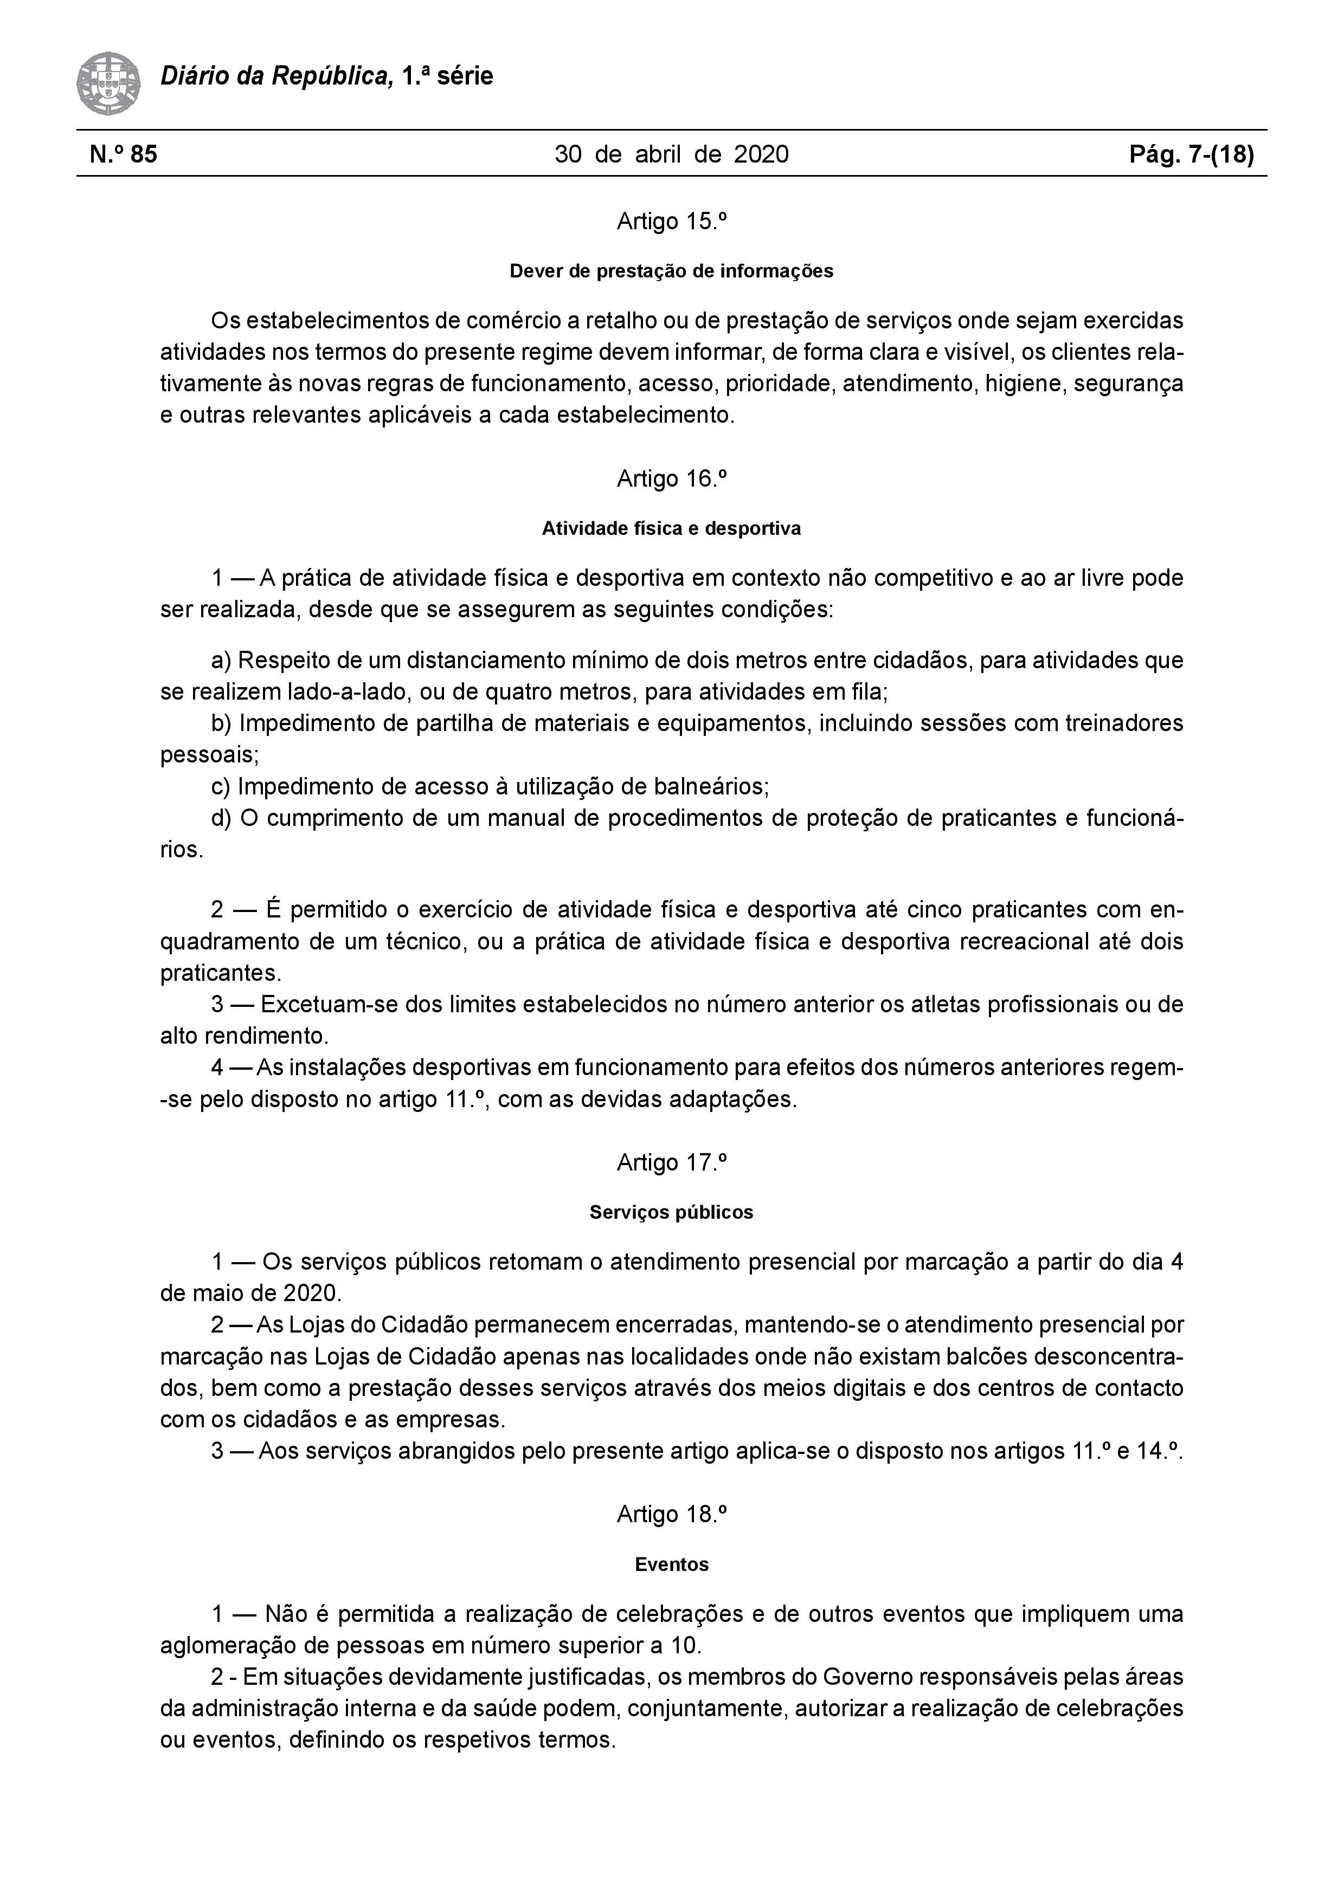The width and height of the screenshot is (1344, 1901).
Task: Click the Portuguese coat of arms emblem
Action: pyautogui.click(x=108, y=83)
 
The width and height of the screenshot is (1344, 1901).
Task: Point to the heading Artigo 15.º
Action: pyautogui.click(x=672, y=222)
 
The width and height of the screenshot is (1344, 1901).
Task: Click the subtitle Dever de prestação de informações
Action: pyautogui.click(x=672, y=271)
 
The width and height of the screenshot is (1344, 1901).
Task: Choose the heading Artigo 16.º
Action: pyautogui.click(x=672, y=479)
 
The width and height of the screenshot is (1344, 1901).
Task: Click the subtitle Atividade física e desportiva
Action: pyautogui.click(x=672, y=528)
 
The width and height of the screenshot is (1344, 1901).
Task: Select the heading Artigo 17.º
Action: pyautogui.click(x=672, y=1163)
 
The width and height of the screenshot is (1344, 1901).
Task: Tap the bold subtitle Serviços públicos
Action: pyautogui.click(x=672, y=1213)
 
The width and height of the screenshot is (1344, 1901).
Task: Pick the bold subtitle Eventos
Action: pyautogui.click(x=672, y=1565)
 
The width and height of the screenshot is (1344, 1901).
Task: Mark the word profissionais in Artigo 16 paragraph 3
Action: pyautogui.click(x=1047, y=1004)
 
